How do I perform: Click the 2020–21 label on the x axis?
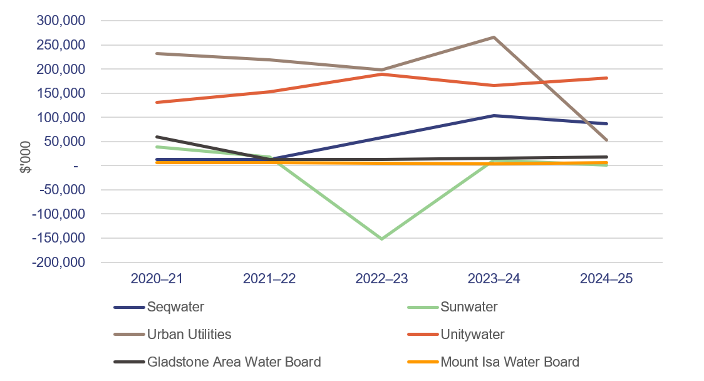156,279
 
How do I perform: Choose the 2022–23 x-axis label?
381,279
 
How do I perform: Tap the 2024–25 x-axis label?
606,279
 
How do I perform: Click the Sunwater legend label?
469,307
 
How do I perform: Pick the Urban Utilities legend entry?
189,335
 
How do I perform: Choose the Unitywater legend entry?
472,335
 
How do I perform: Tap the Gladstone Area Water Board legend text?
234,362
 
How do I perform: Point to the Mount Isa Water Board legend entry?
510,362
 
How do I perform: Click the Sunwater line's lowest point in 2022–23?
381,239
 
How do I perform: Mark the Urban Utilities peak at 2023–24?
494,37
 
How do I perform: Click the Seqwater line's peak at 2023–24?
494,115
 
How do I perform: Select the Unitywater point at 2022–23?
381,74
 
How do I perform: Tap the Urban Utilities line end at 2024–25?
606,140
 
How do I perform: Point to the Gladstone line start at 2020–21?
156,137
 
